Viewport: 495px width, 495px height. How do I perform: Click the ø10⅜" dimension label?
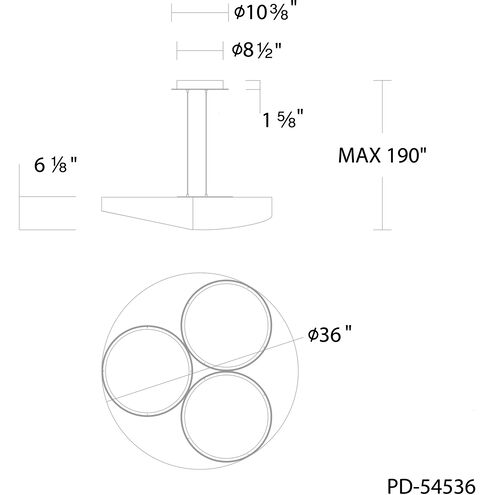point(265,11)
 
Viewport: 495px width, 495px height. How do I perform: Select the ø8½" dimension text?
point(257,50)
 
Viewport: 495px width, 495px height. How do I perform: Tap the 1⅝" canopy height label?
point(283,119)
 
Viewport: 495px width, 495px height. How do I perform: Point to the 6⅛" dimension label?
point(55,165)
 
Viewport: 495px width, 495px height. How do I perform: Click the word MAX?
point(359,155)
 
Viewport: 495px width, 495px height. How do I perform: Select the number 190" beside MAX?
point(406,155)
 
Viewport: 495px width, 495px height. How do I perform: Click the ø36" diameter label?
point(329,334)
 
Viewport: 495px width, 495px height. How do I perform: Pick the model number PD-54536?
point(431,486)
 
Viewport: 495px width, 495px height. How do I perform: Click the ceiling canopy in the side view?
point(200,85)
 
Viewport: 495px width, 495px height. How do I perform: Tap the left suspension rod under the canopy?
point(188,143)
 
